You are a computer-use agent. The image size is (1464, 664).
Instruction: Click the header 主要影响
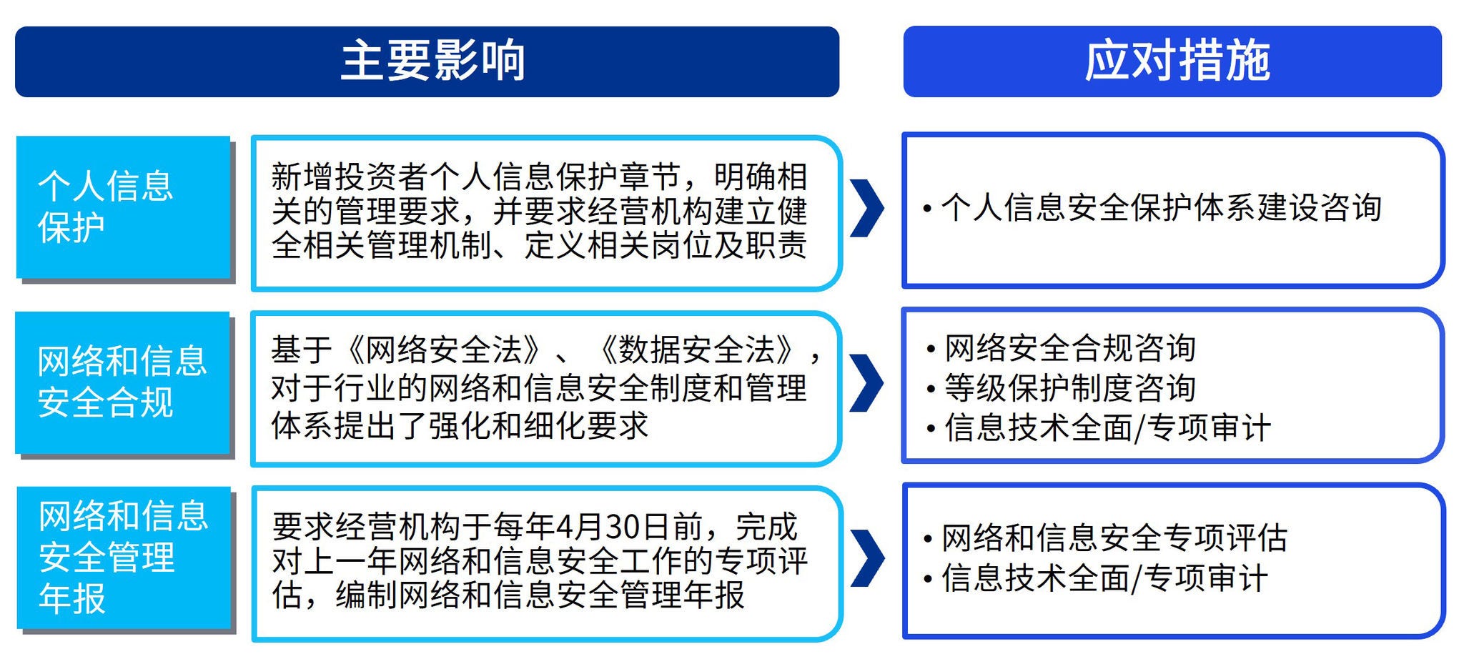pos(433,61)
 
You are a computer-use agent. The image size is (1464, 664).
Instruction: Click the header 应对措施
pos(1177,61)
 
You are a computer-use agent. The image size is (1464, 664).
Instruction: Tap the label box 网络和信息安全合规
pos(122,382)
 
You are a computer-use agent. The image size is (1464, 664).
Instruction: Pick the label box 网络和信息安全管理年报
pos(124,558)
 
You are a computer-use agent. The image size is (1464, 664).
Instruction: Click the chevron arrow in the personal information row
pos(867,208)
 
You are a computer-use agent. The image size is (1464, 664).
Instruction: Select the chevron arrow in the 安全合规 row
pos(867,383)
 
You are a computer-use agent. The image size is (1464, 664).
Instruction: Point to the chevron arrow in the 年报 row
pos(867,558)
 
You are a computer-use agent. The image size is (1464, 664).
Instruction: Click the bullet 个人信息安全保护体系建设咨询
pos(1152,207)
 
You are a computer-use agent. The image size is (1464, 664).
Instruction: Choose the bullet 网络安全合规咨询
pos(1061,348)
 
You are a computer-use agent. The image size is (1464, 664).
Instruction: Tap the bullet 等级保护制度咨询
pos(1061,388)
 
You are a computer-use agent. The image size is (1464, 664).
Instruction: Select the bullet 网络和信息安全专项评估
pos(1105,538)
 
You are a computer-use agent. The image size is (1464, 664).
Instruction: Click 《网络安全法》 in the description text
pos(443,350)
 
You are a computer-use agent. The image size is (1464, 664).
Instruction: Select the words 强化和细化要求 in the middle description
pos(539,426)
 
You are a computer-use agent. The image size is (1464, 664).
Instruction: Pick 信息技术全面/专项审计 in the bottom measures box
pos(1095,578)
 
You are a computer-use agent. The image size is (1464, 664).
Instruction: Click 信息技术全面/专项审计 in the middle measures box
pos(1099,428)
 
